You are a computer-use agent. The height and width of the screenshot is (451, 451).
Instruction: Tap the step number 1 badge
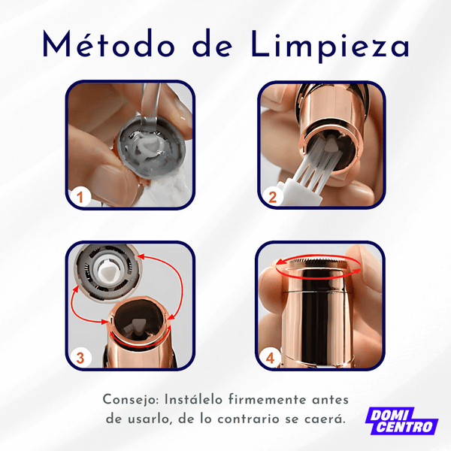pos(80,198)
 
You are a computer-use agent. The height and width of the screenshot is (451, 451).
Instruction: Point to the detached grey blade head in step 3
pos(107,271)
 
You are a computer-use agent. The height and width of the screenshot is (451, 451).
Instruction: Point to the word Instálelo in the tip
pos(195,399)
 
